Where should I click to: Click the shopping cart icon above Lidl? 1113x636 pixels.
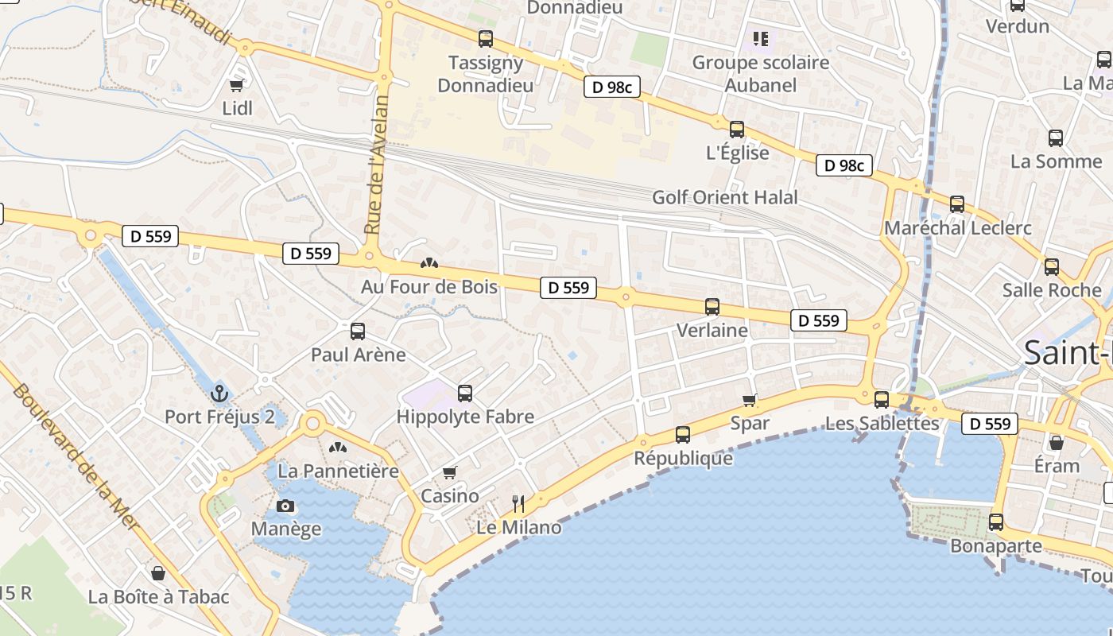click(x=236, y=85)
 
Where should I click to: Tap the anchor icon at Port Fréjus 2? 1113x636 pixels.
click(x=219, y=393)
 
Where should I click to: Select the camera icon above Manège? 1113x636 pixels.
click(x=285, y=506)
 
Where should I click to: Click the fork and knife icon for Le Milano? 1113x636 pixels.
click(x=518, y=503)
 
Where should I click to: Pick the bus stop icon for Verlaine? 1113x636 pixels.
click(x=712, y=307)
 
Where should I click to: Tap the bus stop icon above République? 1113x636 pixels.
click(x=683, y=435)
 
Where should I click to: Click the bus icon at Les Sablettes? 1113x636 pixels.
click(x=882, y=400)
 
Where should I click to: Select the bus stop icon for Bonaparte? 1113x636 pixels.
click(x=996, y=522)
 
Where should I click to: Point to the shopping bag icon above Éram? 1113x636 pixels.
click(x=1057, y=443)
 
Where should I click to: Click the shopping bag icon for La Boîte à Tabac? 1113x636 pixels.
click(x=158, y=573)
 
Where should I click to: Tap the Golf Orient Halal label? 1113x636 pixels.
click(x=724, y=197)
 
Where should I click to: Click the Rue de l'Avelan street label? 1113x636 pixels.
click(x=377, y=165)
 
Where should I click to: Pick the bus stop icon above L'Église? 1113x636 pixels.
click(x=737, y=130)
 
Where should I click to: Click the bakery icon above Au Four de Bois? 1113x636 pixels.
click(x=429, y=263)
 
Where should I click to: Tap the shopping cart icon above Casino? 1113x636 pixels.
click(x=450, y=473)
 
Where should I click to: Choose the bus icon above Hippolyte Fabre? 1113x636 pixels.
click(x=465, y=393)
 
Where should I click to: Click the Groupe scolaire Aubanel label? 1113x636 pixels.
click(x=761, y=73)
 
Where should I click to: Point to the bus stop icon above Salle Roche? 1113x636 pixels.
click(x=1052, y=267)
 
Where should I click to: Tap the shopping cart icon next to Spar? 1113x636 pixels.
click(x=749, y=400)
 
